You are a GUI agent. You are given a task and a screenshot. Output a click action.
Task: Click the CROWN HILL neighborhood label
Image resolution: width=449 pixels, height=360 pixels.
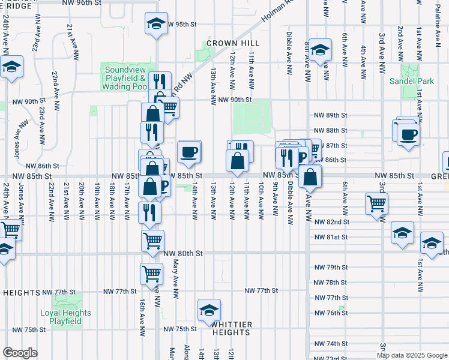233,43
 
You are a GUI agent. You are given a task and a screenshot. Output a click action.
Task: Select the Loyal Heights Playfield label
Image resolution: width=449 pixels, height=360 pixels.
65,317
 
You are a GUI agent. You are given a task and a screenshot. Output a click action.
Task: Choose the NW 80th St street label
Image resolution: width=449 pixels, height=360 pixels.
183,254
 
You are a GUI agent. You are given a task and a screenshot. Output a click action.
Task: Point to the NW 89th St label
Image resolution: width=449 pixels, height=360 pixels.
331,115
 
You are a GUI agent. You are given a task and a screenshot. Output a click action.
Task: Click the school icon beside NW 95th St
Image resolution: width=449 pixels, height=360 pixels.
156,24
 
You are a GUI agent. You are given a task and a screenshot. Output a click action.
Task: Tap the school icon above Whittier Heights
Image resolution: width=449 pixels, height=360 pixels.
209,310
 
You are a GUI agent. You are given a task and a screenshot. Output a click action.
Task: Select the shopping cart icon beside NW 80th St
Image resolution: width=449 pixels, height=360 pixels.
152,241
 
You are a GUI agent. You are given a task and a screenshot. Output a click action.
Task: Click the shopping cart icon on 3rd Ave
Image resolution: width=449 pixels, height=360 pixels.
376,204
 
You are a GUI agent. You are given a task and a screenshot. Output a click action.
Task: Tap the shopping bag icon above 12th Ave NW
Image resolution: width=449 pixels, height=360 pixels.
237,161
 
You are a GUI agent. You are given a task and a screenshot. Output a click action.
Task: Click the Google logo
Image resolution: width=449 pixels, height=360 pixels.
20,353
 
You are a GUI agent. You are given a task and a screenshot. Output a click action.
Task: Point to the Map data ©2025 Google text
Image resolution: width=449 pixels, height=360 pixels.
412,355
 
